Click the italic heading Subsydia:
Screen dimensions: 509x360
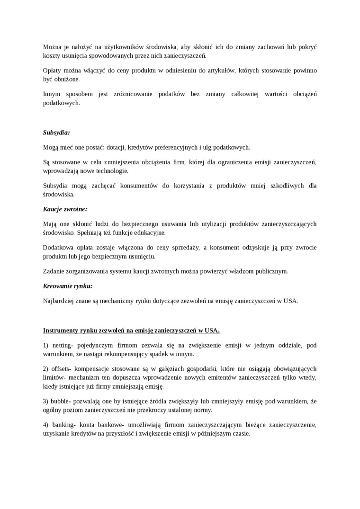tap(56, 133)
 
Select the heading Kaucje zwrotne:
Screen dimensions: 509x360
tap(65, 209)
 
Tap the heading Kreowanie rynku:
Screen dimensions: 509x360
tap(67, 286)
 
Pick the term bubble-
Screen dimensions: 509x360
tap(63, 402)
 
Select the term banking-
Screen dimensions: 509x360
tap(65, 425)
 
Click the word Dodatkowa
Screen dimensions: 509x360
tap(58, 248)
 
